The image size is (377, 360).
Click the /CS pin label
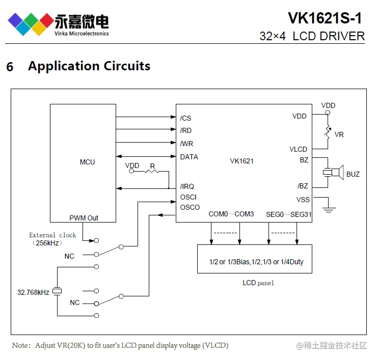coord(185,118)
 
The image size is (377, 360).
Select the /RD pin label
coord(185,131)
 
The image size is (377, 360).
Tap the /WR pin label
coord(186,144)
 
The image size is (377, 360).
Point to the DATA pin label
coord(189,157)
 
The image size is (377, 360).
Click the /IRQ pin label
coord(187,186)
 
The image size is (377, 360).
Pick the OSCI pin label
coord(188,197)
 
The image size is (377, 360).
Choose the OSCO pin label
coord(190,207)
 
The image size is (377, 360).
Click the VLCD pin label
coord(298,149)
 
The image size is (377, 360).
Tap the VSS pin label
coord(303,200)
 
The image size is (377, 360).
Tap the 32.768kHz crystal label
coord(33,292)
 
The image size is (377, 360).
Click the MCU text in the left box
coord(87,162)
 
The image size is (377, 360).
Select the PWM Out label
coord(84,218)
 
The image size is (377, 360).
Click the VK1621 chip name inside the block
coord(241,161)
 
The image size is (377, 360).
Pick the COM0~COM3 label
coord(231,214)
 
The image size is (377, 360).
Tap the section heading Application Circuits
coord(89,66)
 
